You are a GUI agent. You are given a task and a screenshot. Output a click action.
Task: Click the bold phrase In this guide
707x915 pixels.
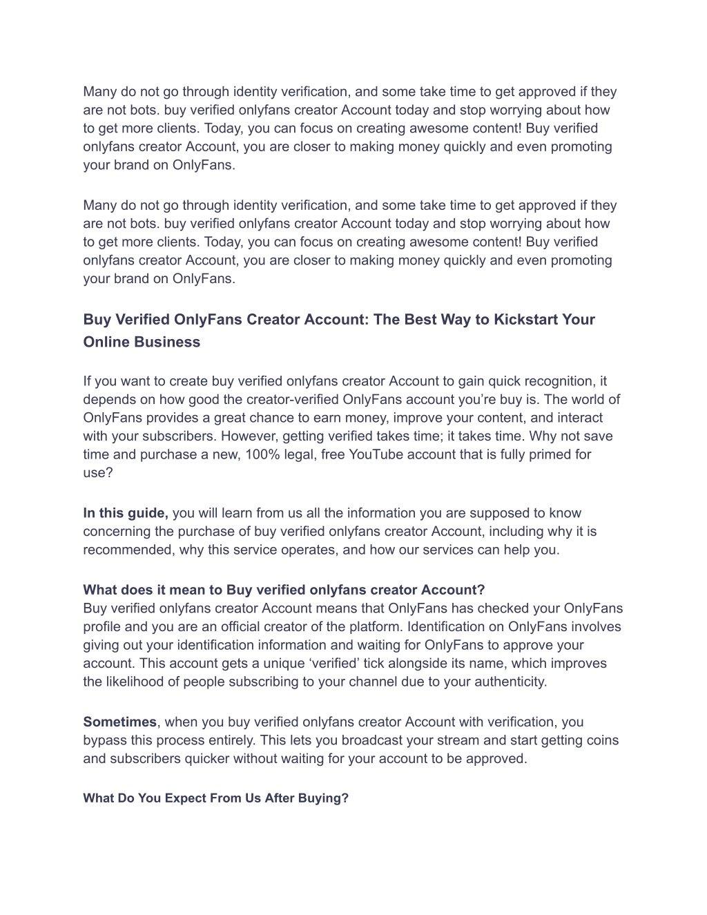point(126,513)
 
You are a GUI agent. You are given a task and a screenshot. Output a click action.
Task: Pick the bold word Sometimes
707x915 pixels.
point(120,722)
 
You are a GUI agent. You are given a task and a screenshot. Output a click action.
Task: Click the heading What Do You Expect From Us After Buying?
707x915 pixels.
point(215,798)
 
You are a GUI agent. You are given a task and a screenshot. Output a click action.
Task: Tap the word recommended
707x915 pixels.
point(128,550)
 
